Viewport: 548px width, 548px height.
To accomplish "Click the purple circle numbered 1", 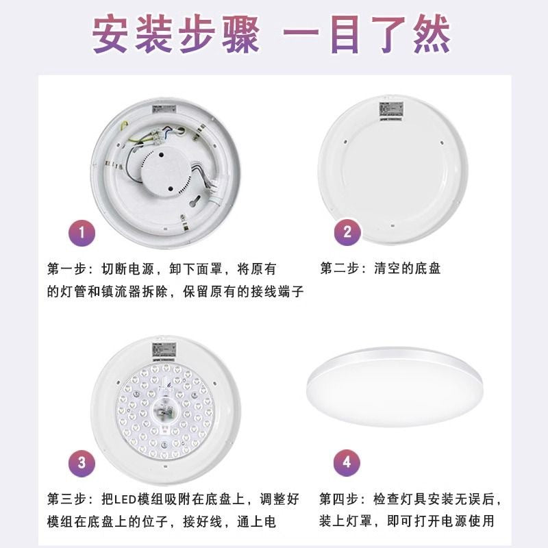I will pyautogui.click(x=82, y=233).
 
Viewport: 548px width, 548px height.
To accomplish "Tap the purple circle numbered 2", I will pyautogui.click(x=347, y=232).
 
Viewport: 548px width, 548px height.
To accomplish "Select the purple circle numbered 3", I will pyautogui.click(x=82, y=462).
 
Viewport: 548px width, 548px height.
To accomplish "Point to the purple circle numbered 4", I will pyautogui.click(x=347, y=462).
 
